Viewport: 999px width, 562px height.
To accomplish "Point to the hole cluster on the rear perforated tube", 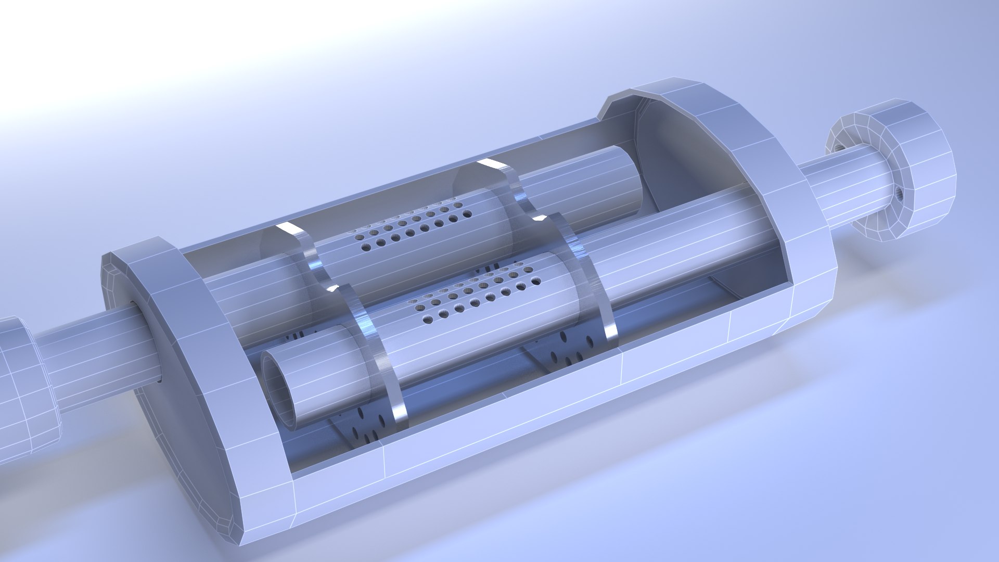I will coord(411,229).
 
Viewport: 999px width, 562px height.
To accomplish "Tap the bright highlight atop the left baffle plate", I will coord(286,229).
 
